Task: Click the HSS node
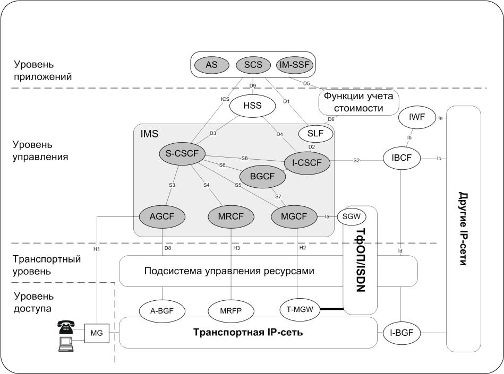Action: [x=252, y=105]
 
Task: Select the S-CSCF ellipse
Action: [x=182, y=153]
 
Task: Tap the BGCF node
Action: [x=262, y=176]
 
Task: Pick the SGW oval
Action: [x=352, y=216]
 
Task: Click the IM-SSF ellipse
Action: [x=295, y=65]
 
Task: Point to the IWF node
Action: [x=416, y=117]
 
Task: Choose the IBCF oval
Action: [x=402, y=158]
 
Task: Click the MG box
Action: [x=97, y=333]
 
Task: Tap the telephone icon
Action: [x=66, y=327]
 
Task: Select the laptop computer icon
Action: [x=66, y=344]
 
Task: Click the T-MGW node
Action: [x=300, y=310]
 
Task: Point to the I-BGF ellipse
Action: [x=402, y=333]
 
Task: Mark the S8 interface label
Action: [x=245, y=158]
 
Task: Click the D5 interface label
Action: [x=306, y=83]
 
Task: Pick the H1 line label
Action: [x=97, y=249]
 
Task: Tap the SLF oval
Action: [x=315, y=134]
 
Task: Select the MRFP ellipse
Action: [x=231, y=311]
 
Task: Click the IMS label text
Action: [x=149, y=134]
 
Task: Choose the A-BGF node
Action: [x=162, y=311]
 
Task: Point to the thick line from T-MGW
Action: [x=332, y=309]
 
